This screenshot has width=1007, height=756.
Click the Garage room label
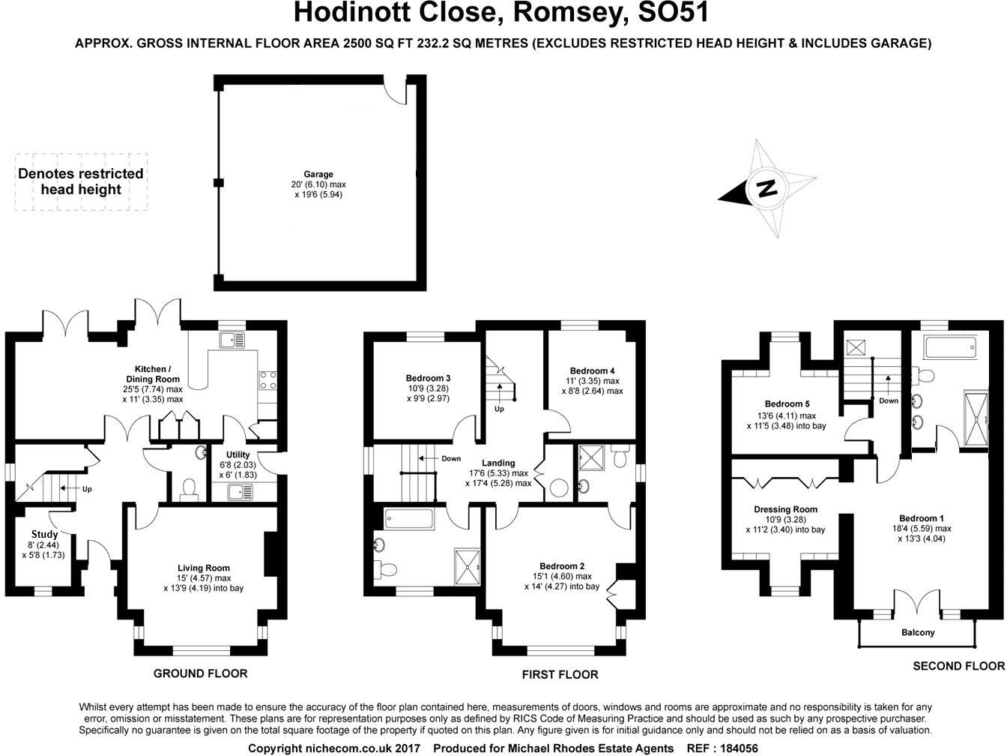coord(318,175)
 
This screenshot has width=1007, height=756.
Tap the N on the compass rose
coord(766,188)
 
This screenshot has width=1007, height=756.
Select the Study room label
coord(44,535)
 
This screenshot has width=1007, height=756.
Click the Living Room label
coord(203,568)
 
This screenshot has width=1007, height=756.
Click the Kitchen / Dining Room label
coord(152,369)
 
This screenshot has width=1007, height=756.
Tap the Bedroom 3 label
coord(428,378)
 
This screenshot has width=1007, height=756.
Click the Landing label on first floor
coord(498,463)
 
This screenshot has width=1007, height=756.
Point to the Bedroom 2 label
coord(561,566)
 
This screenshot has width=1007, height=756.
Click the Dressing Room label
coord(785,509)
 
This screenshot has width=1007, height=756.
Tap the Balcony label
coord(918,632)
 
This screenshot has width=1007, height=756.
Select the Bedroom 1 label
coord(921,518)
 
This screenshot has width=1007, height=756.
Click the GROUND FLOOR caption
coord(200,673)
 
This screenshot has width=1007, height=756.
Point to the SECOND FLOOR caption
coord(958,665)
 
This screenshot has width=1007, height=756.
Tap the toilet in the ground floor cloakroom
coord(187,489)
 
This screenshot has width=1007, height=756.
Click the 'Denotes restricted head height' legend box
coord(81,181)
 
